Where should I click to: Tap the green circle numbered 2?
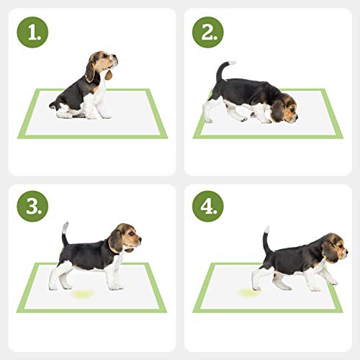[208, 32]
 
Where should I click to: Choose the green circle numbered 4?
[208, 206]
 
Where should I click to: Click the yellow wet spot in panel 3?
[81, 294]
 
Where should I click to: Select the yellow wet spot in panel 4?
[250, 292]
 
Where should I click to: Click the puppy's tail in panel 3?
[65, 233]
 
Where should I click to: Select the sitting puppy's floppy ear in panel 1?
[90, 69]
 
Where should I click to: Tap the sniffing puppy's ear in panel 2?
[278, 109]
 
